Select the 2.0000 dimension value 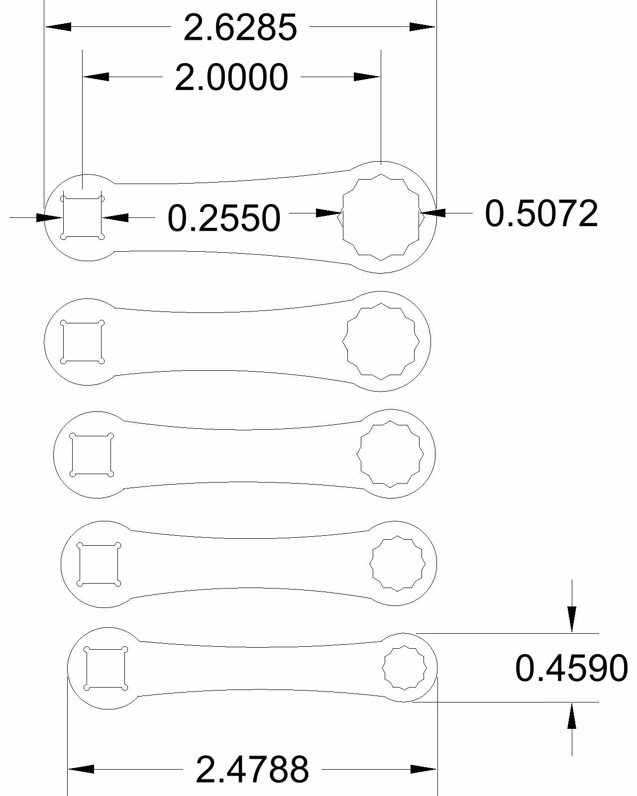231,77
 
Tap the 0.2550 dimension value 224,218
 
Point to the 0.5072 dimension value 541,213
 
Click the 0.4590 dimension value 571,668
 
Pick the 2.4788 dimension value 252,769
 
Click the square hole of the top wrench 82,218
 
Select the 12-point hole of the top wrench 381,217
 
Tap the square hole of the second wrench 82,342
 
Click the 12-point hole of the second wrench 381,341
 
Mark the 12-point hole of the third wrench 391,454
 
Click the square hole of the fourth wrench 99,564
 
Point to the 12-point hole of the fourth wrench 398,564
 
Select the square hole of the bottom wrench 106,668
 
